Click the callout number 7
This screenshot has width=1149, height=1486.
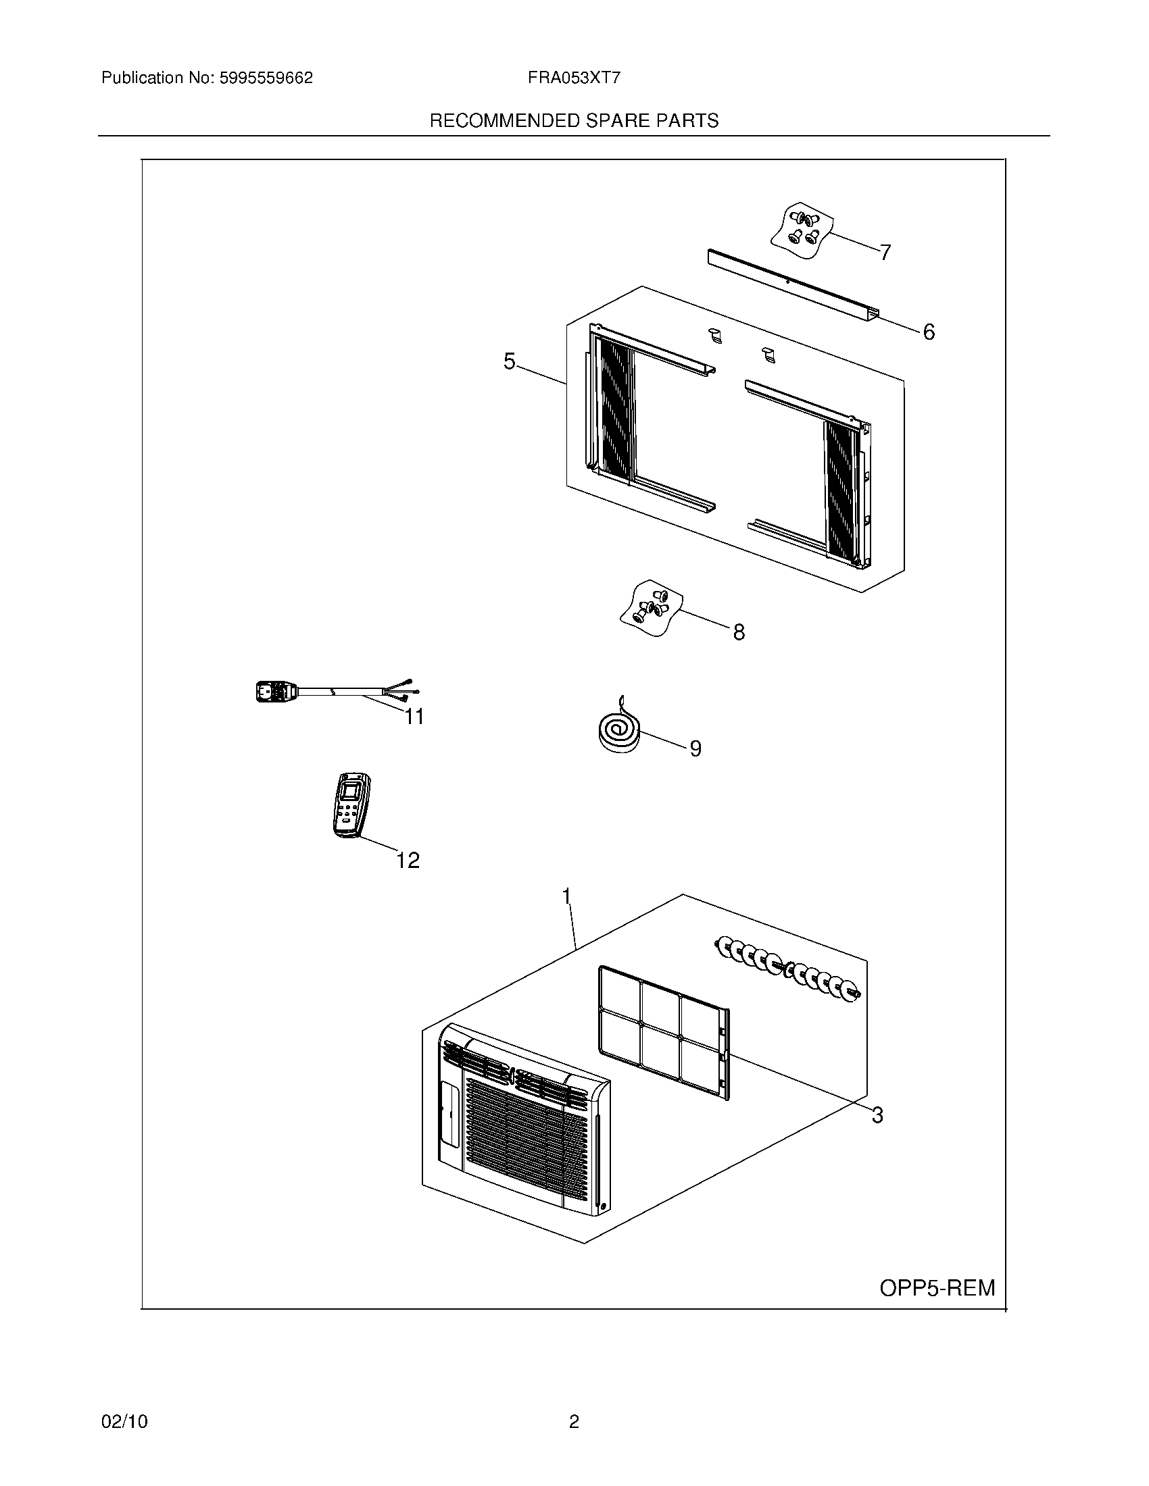(885, 253)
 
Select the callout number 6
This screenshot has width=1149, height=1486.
(929, 332)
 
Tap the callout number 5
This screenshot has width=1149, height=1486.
(509, 361)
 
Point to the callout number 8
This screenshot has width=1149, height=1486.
(739, 632)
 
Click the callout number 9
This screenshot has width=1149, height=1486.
(695, 748)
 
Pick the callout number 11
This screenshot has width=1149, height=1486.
(414, 717)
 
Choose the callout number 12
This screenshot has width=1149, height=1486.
(408, 861)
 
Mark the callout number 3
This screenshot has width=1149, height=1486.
(877, 1115)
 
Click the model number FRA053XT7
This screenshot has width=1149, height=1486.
(573, 78)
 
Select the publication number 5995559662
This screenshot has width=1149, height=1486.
(266, 78)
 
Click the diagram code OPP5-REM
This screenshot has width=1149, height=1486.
(937, 1288)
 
